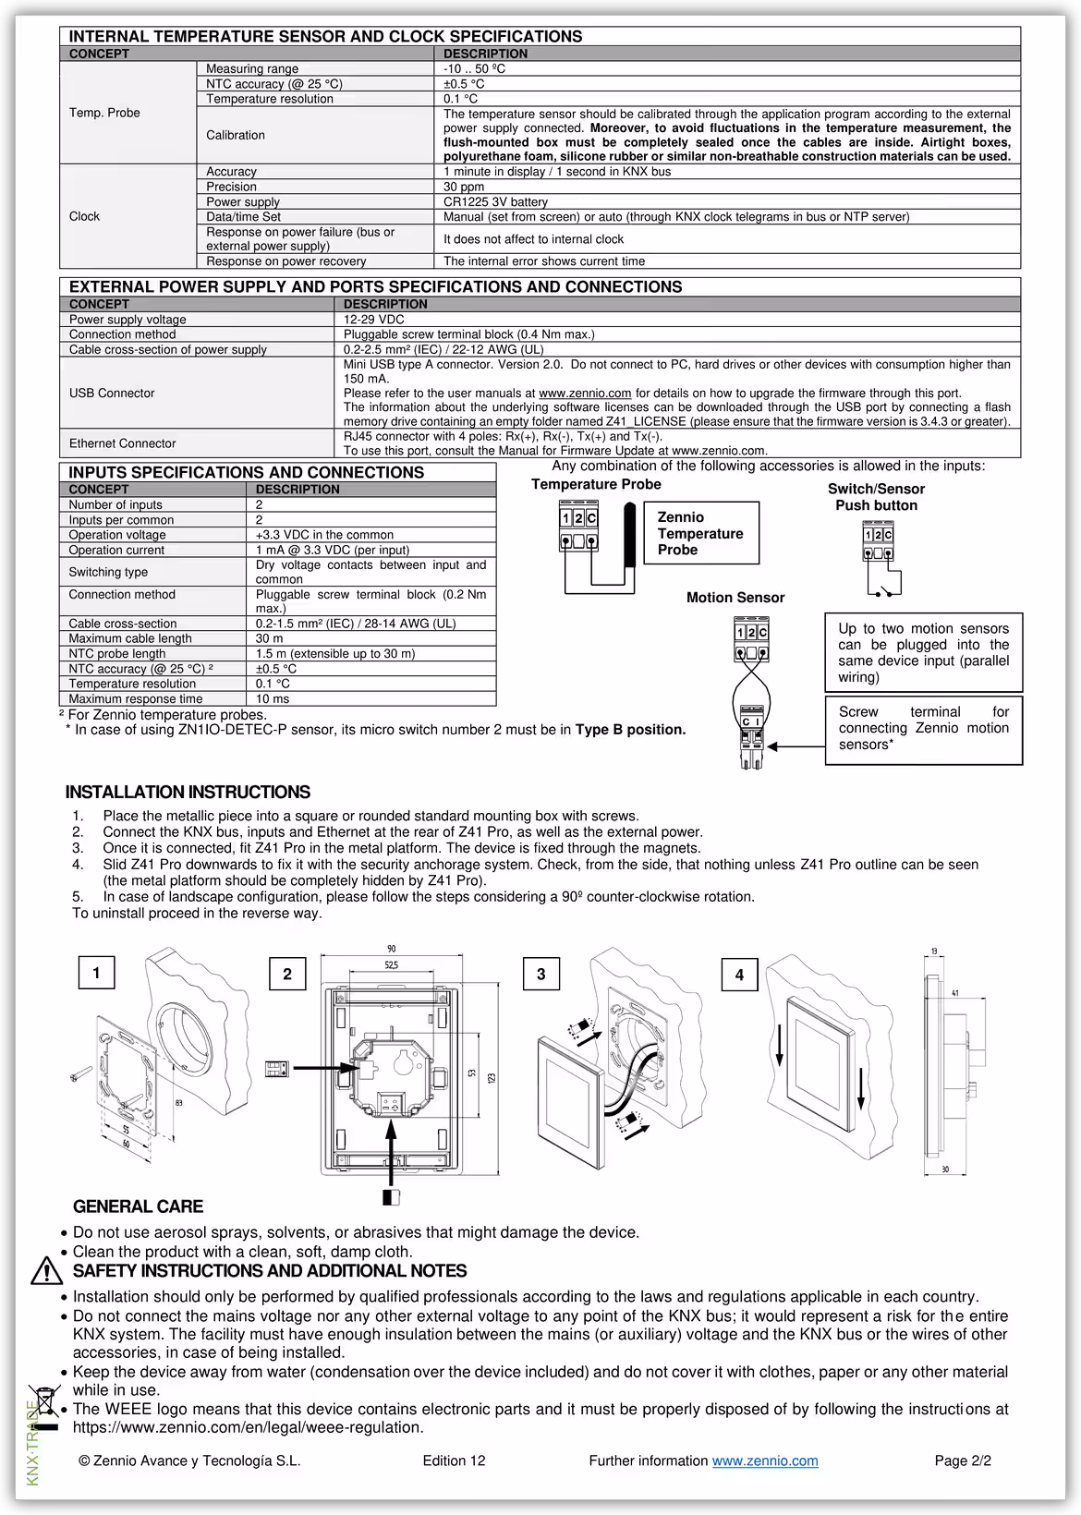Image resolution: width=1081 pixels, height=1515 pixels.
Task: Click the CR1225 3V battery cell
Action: point(495,202)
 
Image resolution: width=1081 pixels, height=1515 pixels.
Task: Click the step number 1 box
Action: point(96,973)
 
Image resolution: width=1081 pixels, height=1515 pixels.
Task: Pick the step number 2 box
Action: point(287,975)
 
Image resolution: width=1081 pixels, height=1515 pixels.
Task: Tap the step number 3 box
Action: point(541,975)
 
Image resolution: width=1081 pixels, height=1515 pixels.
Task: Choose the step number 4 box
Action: point(739,976)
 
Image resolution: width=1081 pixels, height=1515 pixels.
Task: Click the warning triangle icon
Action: point(45,1272)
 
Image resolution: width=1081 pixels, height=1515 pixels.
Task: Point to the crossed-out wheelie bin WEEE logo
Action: point(43,1407)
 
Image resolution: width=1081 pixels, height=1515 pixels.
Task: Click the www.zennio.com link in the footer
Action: point(765,1460)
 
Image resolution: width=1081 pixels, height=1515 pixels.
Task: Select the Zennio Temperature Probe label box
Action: point(701,533)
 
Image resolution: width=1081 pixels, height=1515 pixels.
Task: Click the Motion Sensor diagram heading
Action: point(735,598)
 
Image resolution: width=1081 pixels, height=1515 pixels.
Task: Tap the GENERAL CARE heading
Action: point(138,1206)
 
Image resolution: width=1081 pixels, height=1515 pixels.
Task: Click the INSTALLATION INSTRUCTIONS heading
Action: point(188,793)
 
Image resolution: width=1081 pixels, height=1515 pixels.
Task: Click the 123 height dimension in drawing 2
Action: point(492,1078)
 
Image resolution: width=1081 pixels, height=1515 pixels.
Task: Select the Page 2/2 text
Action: point(963,1460)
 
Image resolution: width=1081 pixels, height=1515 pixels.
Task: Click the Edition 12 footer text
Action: point(454,1460)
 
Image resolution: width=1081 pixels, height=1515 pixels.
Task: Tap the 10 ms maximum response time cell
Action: point(273,699)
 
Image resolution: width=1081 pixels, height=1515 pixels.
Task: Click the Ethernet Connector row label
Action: point(123,443)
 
